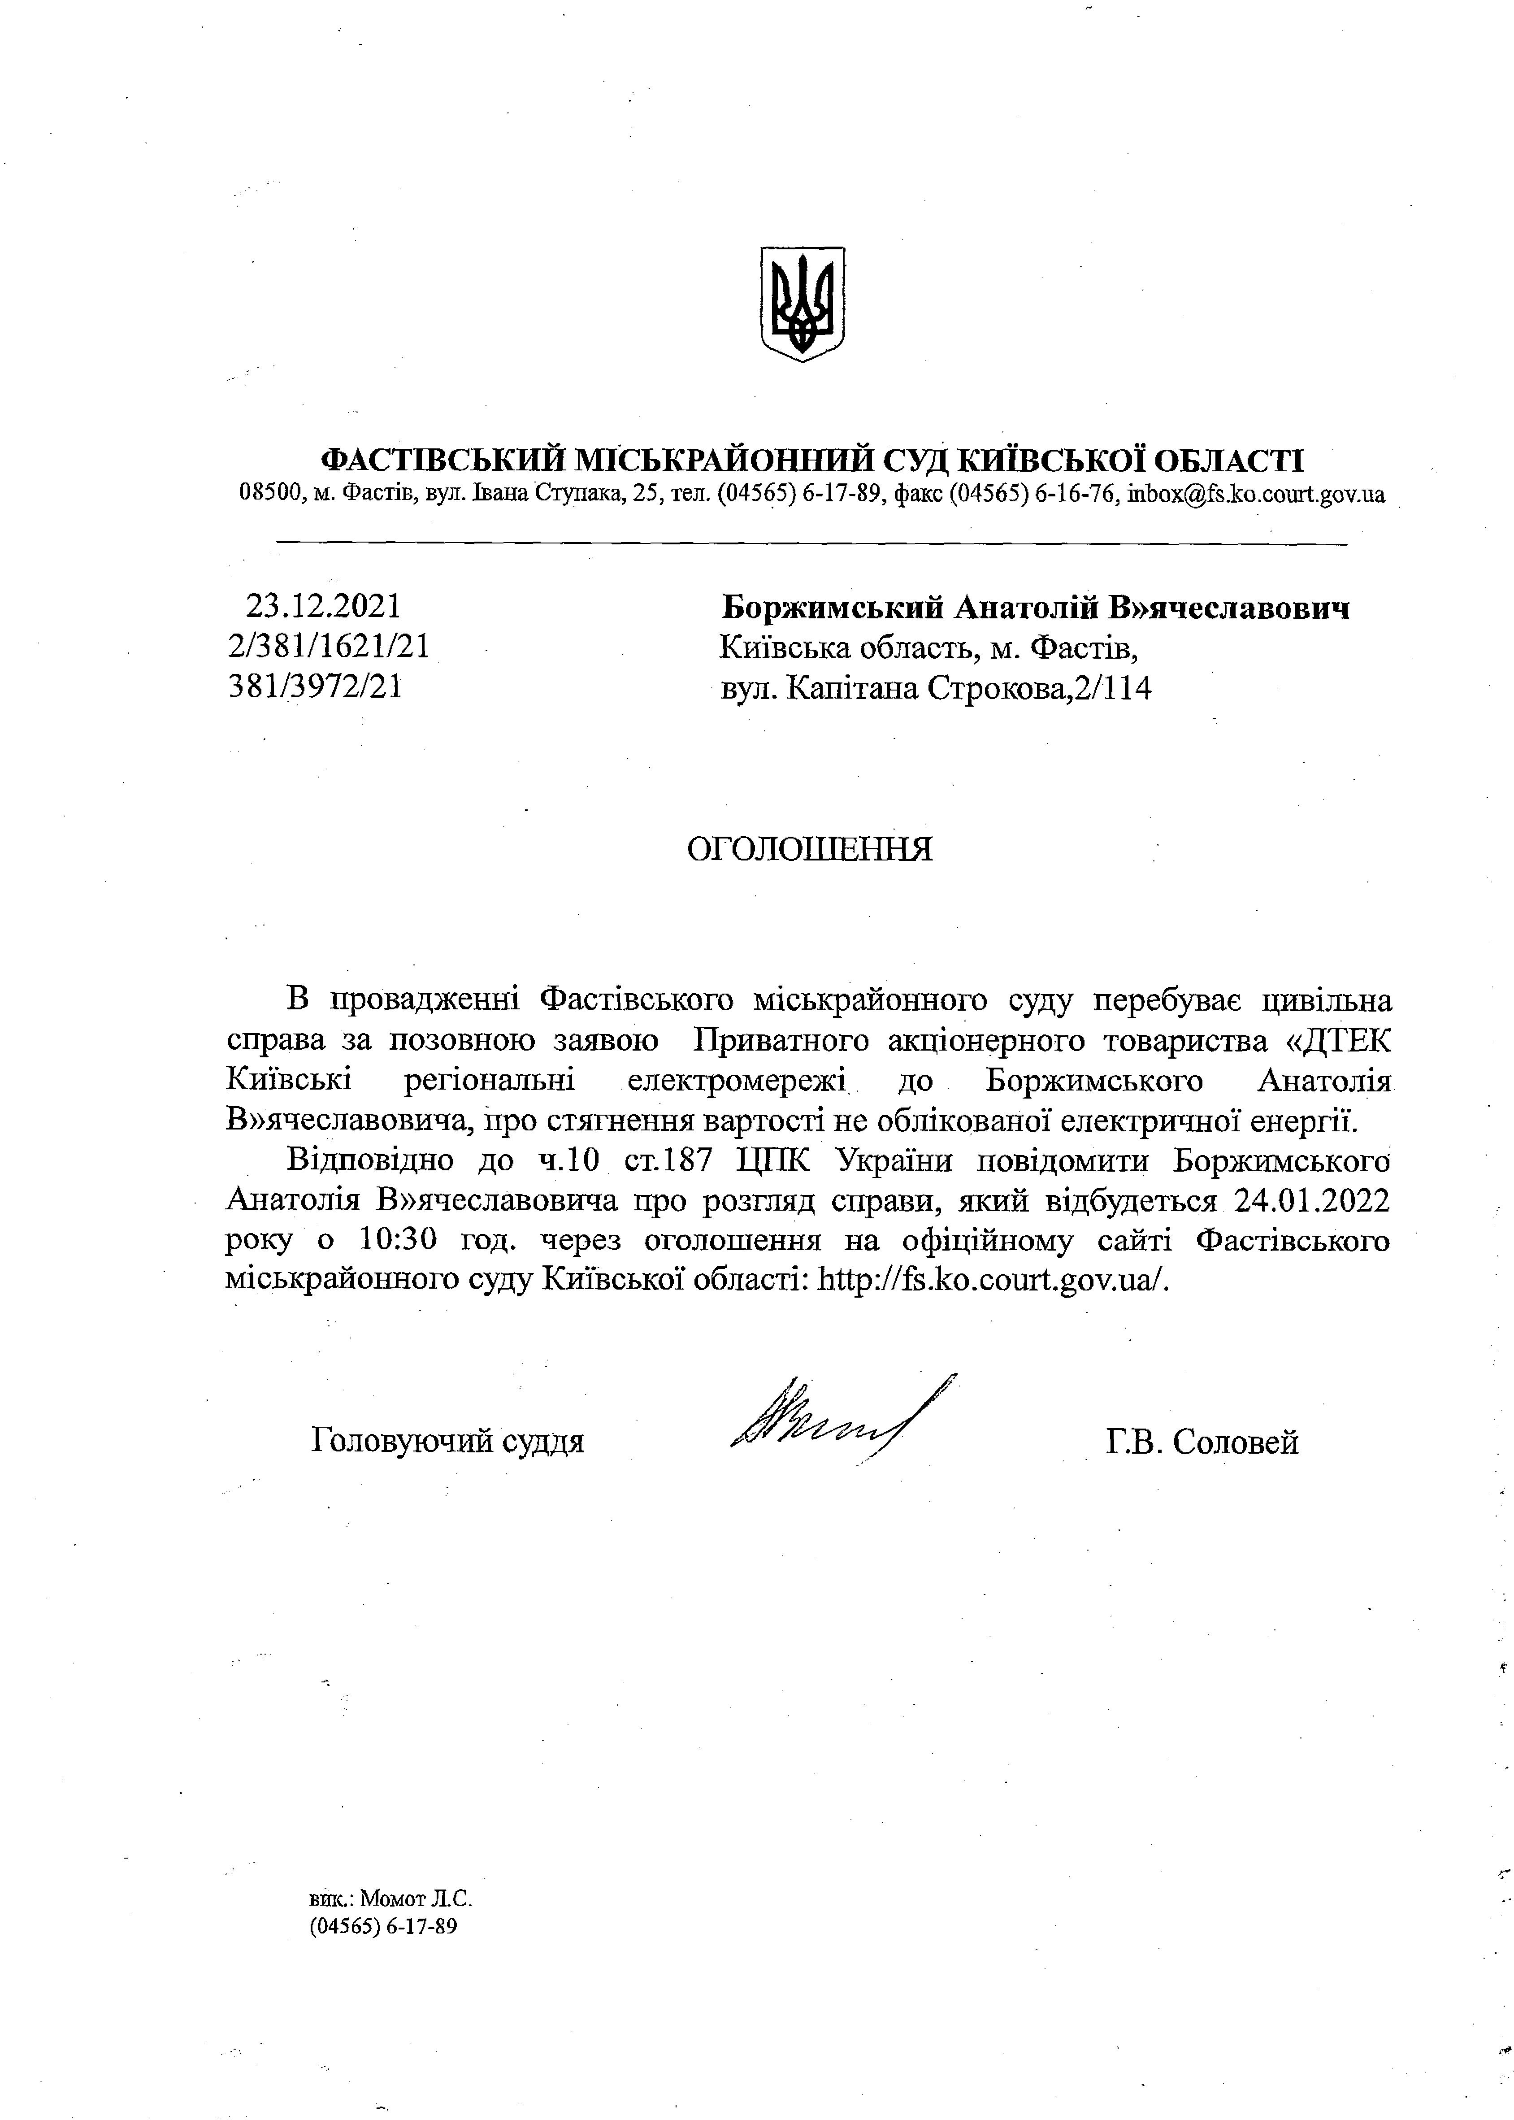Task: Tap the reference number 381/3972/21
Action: [x=316, y=687]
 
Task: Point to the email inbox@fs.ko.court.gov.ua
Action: [x=1256, y=494]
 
